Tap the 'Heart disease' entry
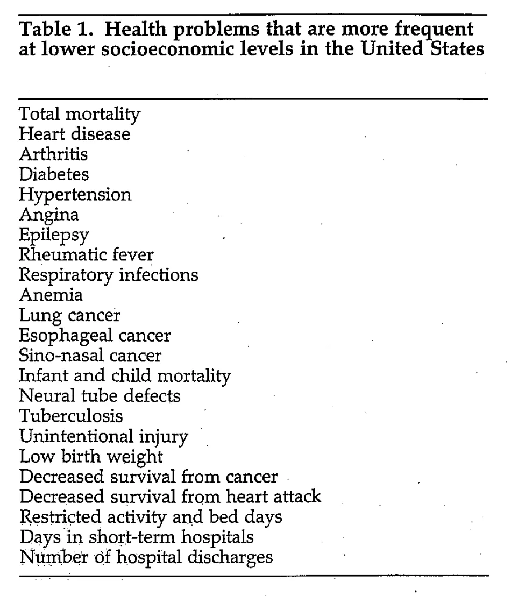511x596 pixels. [74, 134]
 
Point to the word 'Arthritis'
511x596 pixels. [53, 154]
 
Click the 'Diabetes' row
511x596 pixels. [54, 174]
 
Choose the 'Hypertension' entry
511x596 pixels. [75, 194]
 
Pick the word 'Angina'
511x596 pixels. [49, 215]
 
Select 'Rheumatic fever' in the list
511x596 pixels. [86, 254]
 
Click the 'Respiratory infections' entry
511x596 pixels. [109, 274]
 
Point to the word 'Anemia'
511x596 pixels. [51, 295]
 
